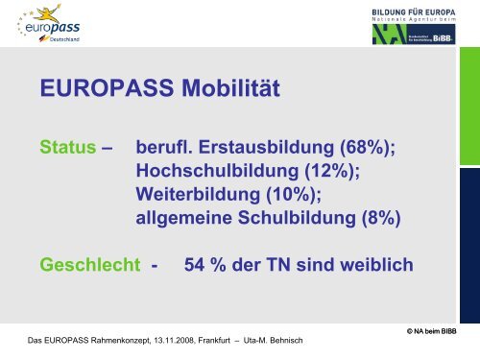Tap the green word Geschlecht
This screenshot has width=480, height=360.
(x=92, y=263)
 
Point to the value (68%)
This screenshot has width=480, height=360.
(x=363, y=148)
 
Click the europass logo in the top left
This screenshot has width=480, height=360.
(x=50, y=25)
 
